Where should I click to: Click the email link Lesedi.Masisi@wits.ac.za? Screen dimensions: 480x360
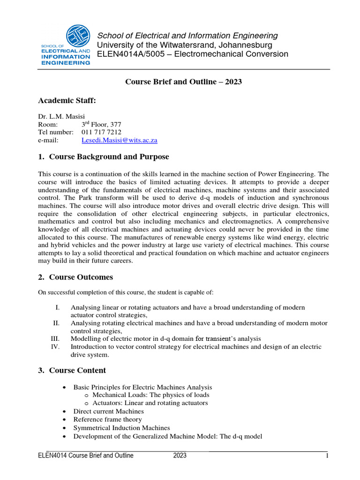click(x=119, y=140)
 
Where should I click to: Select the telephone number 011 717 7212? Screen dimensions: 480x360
click(x=101, y=132)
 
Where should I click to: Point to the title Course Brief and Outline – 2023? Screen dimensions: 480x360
click(x=183, y=82)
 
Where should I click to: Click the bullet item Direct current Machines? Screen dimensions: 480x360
click(x=108, y=411)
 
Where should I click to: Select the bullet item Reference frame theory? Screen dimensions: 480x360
click(x=107, y=420)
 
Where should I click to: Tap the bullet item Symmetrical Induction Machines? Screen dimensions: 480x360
click(x=121, y=428)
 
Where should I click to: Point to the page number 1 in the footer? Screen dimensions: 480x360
click(x=325, y=455)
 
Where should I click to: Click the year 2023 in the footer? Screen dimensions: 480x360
click(x=180, y=455)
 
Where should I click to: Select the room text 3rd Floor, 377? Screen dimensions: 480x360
click(x=101, y=124)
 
